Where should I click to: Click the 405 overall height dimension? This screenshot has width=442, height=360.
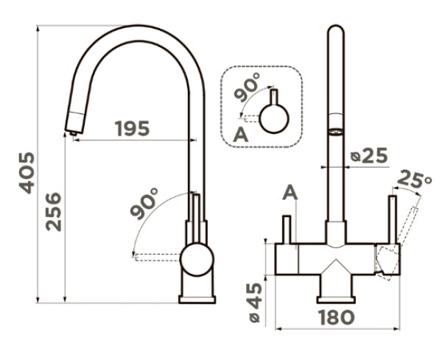[x=27, y=173]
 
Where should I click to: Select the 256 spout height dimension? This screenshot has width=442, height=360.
[x=54, y=212]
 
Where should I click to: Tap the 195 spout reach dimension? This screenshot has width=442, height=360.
[x=132, y=128]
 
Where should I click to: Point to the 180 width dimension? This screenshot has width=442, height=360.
[x=337, y=317]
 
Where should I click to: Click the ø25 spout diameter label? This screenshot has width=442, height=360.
[x=369, y=156]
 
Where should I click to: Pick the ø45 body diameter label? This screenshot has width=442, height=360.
[x=255, y=303]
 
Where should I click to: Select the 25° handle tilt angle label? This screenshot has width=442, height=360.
[x=414, y=180]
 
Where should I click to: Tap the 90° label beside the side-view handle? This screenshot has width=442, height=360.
[x=144, y=203]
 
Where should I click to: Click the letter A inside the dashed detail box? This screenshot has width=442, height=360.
[x=240, y=135]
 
